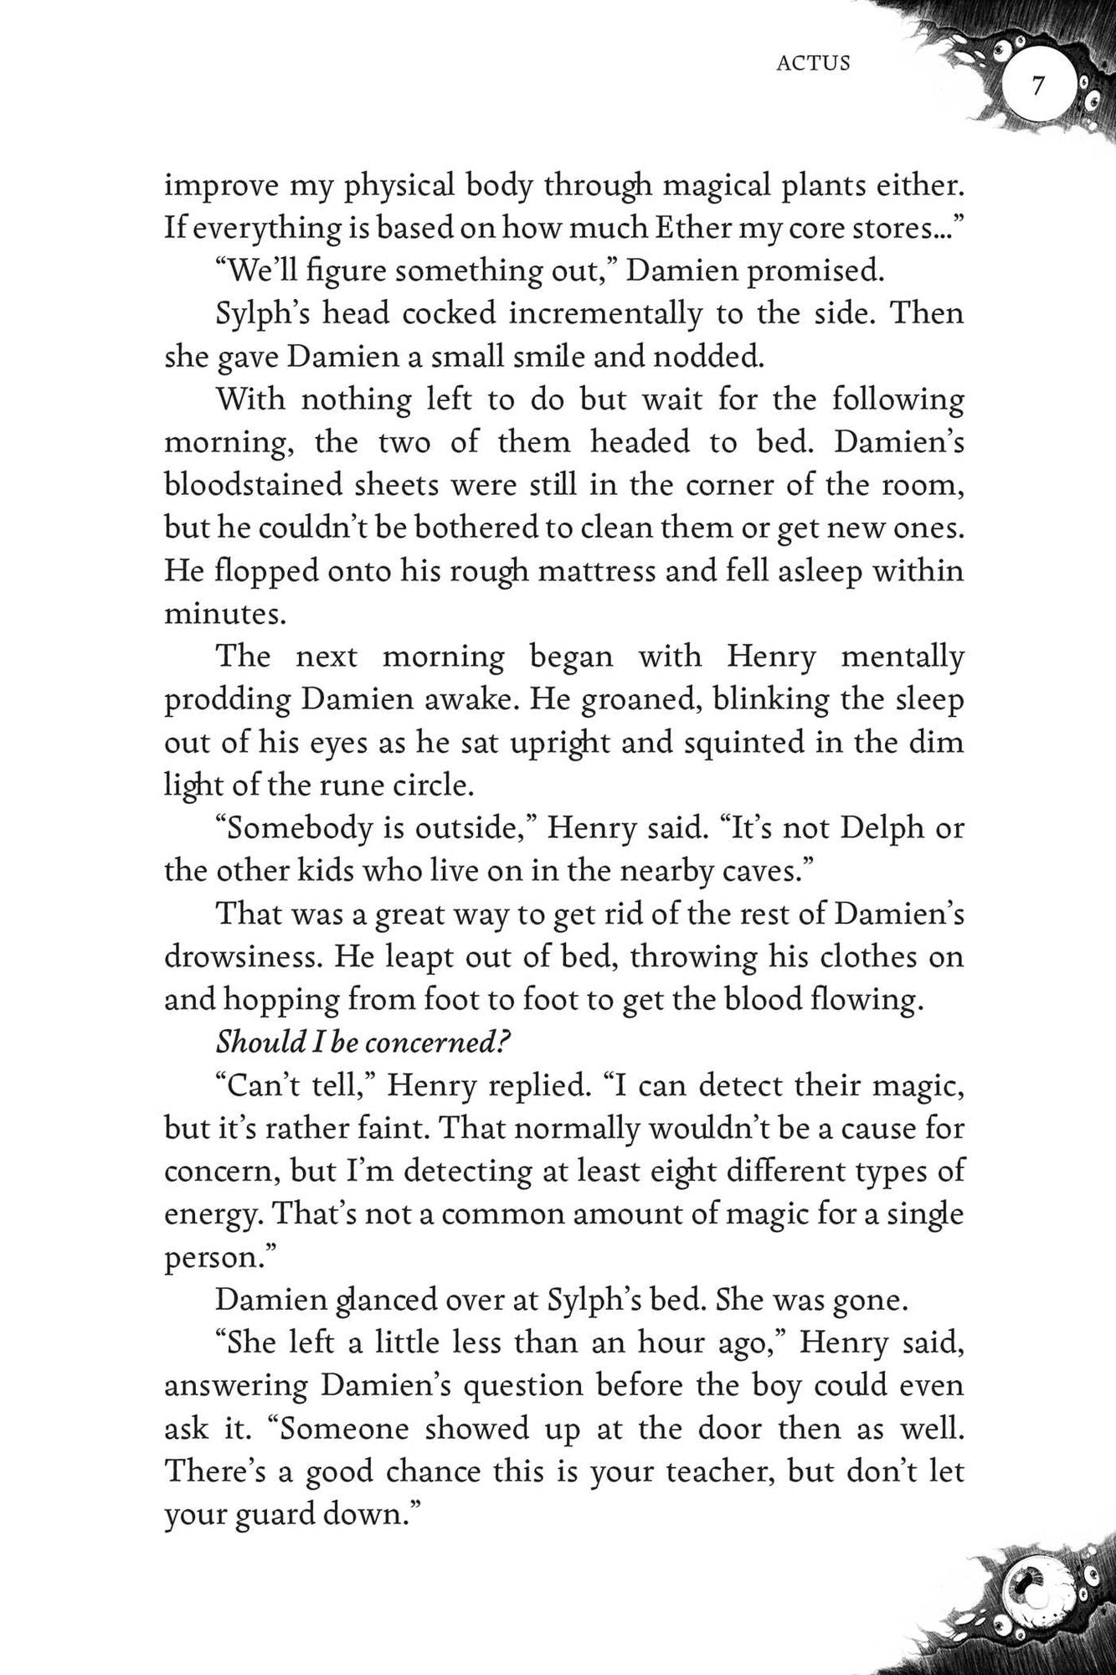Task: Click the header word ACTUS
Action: [x=813, y=64]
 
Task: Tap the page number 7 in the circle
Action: [x=1038, y=86]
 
